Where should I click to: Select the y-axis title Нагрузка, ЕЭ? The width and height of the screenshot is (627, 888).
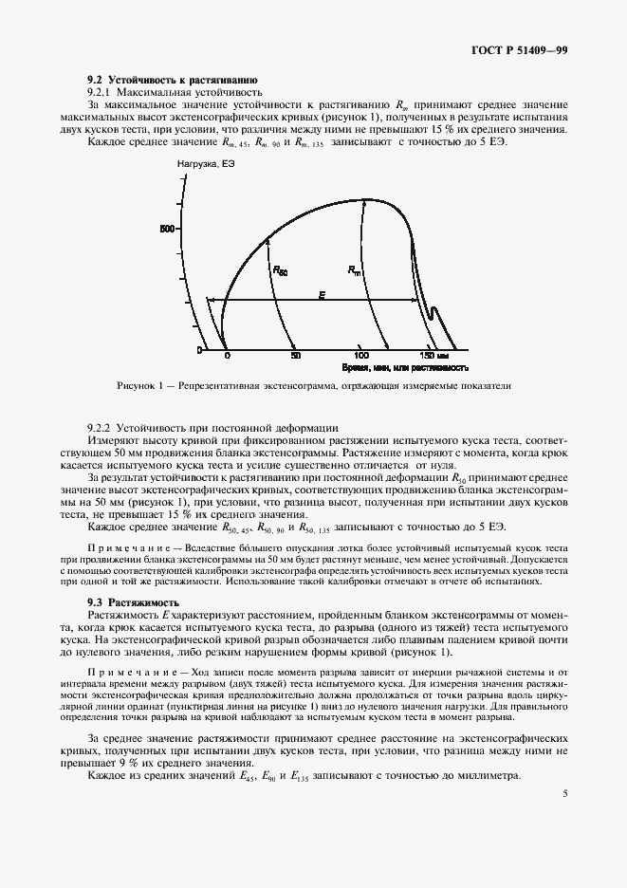pyautogui.click(x=206, y=167)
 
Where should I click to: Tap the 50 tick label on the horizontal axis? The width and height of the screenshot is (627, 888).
pyautogui.click(x=296, y=355)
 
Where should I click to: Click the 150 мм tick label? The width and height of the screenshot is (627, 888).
pyautogui.click(x=435, y=355)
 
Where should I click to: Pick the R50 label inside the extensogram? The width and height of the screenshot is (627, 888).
pyautogui.click(x=280, y=270)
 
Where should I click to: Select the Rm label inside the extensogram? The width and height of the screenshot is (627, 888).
pyautogui.click(x=355, y=270)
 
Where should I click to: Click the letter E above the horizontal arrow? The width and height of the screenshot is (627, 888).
pyautogui.click(x=322, y=296)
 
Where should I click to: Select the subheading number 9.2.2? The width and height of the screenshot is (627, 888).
pyautogui.click(x=100, y=429)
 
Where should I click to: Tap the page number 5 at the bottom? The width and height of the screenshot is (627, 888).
pyautogui.click(x=564, y=795)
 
